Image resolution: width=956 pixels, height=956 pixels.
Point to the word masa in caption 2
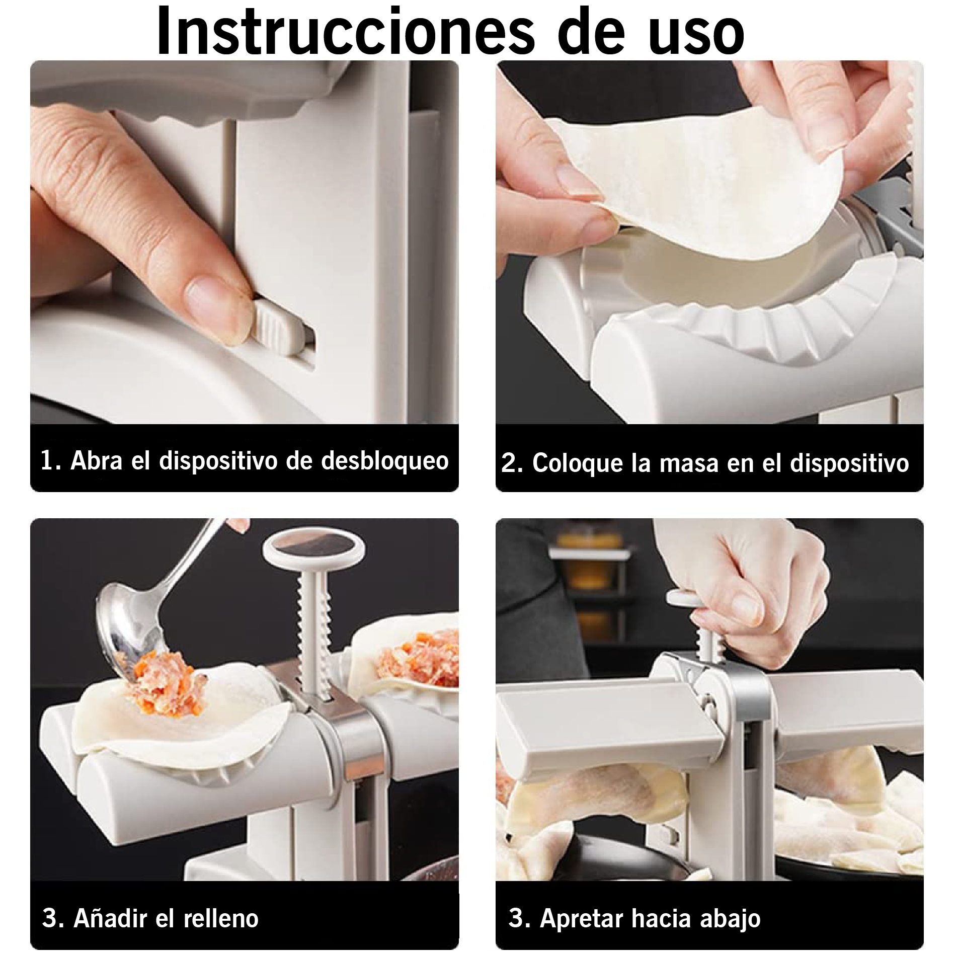tap(689, 463)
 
